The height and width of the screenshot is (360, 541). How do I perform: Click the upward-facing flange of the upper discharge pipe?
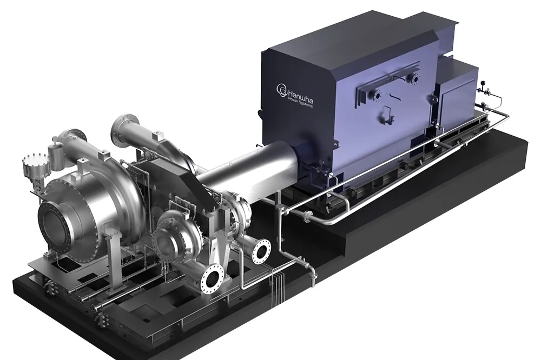click(123, 123)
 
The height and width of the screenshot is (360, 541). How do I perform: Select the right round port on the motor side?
click(415, 79)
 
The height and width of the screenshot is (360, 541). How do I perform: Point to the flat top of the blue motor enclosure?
click(346, 38)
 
